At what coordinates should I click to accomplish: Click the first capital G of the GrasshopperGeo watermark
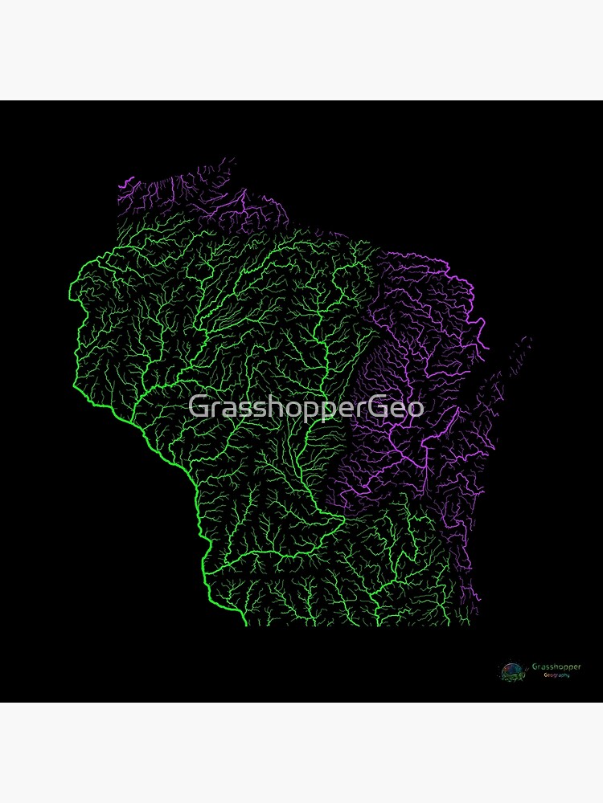198,407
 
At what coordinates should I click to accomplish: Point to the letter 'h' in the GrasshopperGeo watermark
268,407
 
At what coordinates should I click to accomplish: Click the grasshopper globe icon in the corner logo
511,671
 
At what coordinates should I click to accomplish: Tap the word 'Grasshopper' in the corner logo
556,666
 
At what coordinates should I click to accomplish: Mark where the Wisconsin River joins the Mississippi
207,571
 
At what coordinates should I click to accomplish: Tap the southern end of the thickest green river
244,622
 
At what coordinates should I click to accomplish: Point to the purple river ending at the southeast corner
478,598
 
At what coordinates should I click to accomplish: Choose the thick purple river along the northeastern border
466,297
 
